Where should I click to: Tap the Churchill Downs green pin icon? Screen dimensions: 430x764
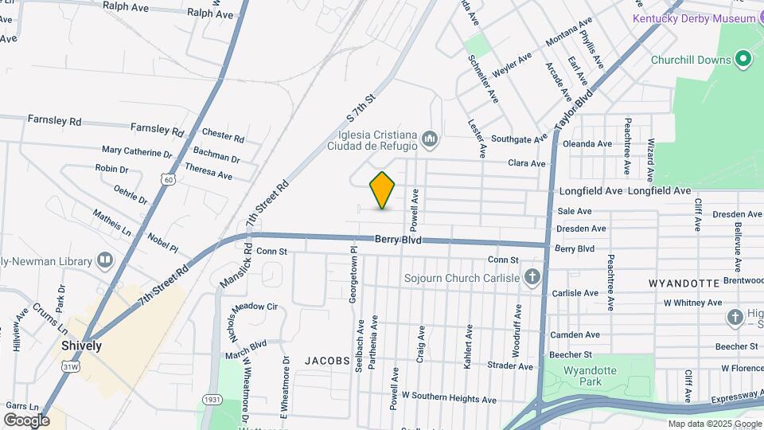pyautogui.click(x=743, y=59)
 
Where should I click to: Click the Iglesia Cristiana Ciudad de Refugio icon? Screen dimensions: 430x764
pyautogui.click(x=431, y=140)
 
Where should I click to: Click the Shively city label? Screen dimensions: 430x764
pyautogui.click(x=81, y=346)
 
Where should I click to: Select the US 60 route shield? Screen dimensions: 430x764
pyautogui.click(x=167, y=180)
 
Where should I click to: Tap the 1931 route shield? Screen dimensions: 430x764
pyautogui.click(x=211, y=399)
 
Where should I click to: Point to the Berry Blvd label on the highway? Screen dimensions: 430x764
pyautogui.click(x=398, y=240)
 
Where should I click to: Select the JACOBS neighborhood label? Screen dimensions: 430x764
pyautogui.click(x=327, y=361)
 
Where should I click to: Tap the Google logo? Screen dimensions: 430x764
pyautogui.click(x=26, y=420)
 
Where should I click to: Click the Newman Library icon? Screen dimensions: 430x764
pyautogui.click(x=105, y=260)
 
